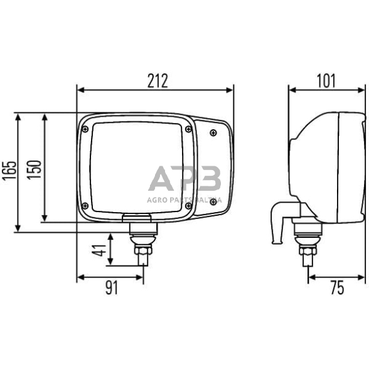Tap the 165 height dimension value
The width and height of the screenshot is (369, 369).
pos(9,179)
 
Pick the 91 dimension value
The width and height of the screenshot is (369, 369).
pos(111,288)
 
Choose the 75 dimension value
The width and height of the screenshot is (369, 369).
pos(336,288)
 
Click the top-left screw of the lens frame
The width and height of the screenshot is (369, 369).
pos(85,129)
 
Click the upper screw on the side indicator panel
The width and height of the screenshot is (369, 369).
pos(214,132)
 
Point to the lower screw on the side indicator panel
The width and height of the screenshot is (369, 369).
pos(214,208)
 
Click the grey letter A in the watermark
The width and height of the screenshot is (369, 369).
pos(162,179)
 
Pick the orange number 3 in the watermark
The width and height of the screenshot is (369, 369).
pos(209,179)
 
